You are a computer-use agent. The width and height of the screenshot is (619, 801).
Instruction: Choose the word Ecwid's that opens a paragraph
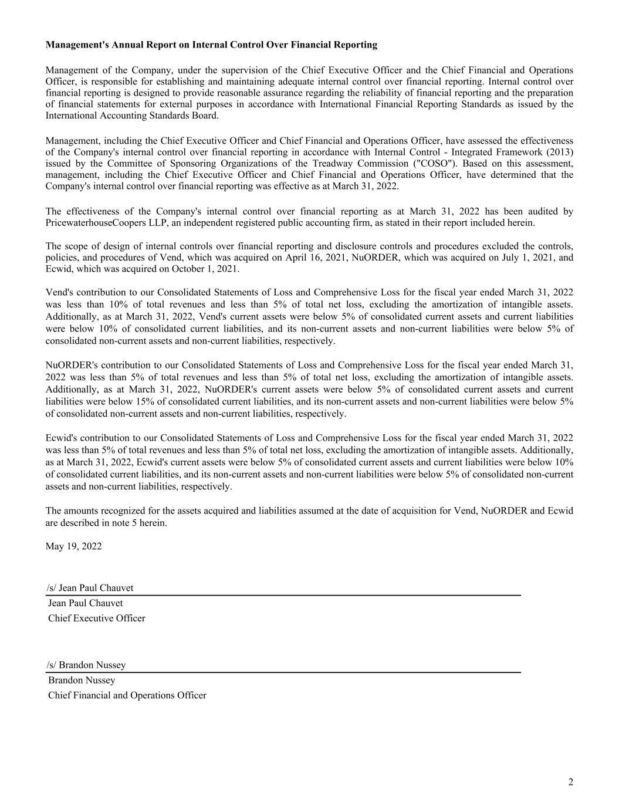coord(61,438)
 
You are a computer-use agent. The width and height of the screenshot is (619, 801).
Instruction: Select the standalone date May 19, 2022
coord(73,546)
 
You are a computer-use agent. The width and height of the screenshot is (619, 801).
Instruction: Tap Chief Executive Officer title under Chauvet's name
coord(97,618)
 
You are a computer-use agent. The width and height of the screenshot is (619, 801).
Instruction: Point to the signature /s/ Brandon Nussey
coord(86,665)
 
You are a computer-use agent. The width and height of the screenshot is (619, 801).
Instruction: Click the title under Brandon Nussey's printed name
coord(127,695)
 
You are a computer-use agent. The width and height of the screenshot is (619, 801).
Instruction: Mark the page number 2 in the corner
coord(570,782)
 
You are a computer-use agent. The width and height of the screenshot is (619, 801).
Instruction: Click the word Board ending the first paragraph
coord(205,116)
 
